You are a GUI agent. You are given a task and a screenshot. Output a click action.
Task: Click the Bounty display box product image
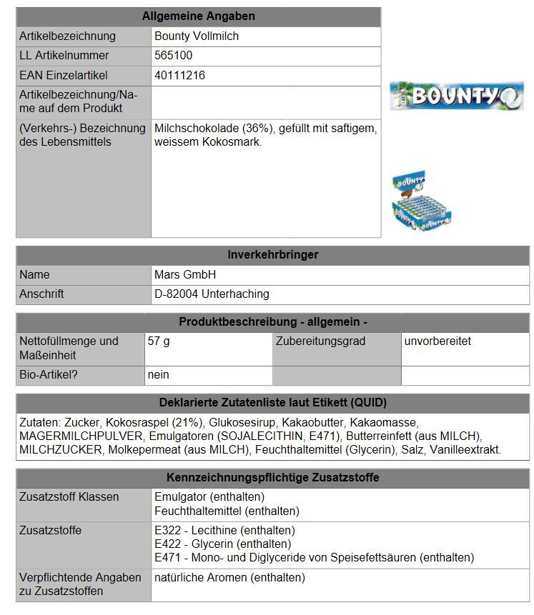pyautogui.click(x=422, y=201)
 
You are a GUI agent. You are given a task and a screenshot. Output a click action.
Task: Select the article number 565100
pyautogui.click(x=173, y=56)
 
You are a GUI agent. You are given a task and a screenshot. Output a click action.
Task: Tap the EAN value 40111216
pyautogui.click(x=179, y=75)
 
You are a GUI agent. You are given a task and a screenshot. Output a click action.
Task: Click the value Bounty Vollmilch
pyautogui.click(x=197, y=36)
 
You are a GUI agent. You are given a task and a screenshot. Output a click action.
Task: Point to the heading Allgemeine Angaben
pyautogui.click(x=198, y=16)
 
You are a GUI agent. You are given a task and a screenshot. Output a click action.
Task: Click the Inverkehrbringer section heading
pyautogui.click(x=272, y=255)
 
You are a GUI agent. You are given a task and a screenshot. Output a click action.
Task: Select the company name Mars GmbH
pyautogui.click(x=184, y=274)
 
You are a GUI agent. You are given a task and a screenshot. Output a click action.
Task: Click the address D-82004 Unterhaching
pyautogui.click(x=212, y=294)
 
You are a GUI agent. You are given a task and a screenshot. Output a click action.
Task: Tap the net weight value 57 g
pyautogui.click(x=159, y=341)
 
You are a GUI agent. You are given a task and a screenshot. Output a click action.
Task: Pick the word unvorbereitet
pyautogui.click(x=437, y=341)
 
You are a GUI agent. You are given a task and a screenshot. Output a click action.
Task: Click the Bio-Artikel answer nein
pyautogui.click(x=159, y=374)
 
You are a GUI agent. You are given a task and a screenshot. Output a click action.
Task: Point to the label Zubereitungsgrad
pyautogui.click(x=320, y=341)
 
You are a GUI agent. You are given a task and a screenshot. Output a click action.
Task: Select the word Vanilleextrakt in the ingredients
pyautogui.click(x=466, y=450)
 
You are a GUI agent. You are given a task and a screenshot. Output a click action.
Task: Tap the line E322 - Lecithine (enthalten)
pyautogui.click(x=224, y=531)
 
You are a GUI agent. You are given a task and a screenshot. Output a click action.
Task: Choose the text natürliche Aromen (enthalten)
pyautogui.click(x=229, y=577)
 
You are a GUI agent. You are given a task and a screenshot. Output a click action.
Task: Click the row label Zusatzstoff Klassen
pyautogui.click(x=69, y=496)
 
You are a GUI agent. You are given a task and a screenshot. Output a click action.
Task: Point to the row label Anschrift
pyautogui.click(x=41, y=294)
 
